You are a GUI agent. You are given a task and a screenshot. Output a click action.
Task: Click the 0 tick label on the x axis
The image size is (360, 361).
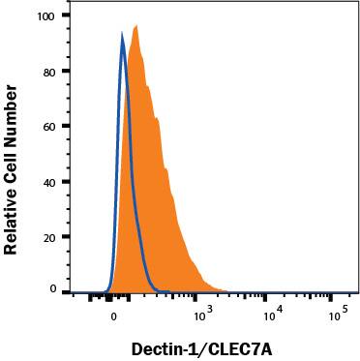click(113, 315)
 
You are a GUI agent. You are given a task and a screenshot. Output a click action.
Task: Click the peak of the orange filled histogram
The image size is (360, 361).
click(135, 26)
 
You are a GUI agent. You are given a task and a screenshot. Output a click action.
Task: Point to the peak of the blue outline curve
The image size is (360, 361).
click(122, 34)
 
